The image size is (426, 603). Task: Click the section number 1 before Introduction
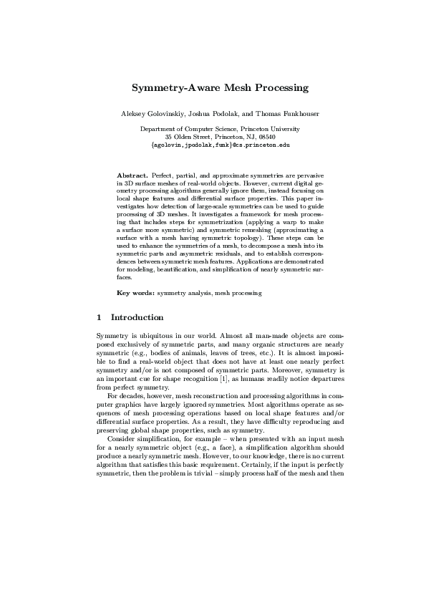[x=99, y=317]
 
